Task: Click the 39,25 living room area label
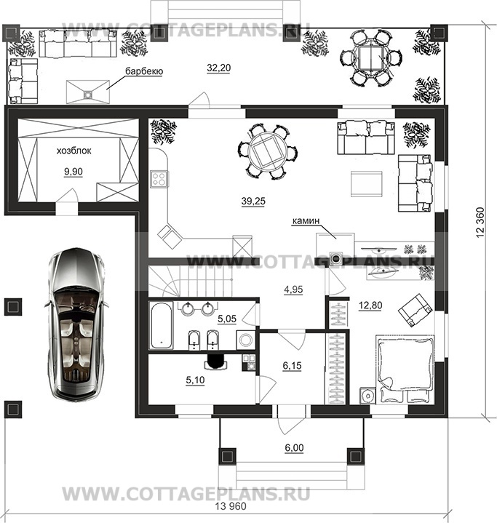[253, 201]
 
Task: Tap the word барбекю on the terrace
[144, 71]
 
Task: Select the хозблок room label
[73, 151]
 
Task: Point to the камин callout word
[306, 220]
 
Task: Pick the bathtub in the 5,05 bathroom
[162, 325]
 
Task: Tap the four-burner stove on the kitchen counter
[159, 178]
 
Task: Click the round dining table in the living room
[268, 152]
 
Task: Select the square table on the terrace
[371, 57]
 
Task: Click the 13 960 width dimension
[231, 506]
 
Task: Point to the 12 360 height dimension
[480, 223]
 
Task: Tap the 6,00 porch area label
[295, 447]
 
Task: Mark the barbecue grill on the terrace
[88, 92]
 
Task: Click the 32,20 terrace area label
[218, 68]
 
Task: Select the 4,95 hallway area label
[293, 290]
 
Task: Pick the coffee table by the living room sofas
[366, 184]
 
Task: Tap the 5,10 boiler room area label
[195, 380]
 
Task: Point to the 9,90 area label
[73, 172]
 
